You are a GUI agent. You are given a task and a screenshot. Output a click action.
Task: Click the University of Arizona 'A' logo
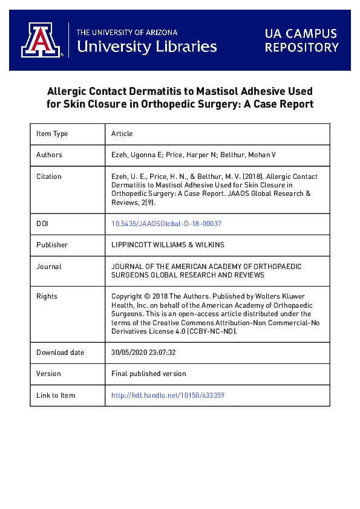point(41,41)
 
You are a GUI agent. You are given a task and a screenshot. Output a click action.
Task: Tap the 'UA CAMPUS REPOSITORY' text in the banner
point(302,41)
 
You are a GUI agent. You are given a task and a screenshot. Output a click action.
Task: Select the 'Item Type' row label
point(52,134)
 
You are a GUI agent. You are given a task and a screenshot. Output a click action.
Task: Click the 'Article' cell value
point(122,134)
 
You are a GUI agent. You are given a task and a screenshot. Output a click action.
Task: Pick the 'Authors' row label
point(49,155)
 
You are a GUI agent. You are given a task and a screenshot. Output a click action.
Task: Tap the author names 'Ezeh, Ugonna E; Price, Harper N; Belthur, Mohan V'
point(194,155)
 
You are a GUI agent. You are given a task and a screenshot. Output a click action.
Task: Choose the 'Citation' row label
point(49,177)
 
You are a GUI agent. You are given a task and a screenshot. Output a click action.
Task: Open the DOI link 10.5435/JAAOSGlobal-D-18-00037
point(166,224)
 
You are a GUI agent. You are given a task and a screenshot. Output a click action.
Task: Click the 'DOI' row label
point(43,224)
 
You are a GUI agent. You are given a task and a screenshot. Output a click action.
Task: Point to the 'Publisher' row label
point(52,245)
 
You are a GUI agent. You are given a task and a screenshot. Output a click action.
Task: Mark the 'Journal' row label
point(49,267)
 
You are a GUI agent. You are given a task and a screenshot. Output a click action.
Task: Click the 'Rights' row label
point(47,296)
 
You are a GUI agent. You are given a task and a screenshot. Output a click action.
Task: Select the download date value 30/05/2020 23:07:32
point(144,352)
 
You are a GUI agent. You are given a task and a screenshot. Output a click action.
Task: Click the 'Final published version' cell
point(149,374)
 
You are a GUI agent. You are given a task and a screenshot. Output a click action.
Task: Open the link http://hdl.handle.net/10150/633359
point(168,395)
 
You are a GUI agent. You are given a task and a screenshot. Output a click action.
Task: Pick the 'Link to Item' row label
point(56,395)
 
